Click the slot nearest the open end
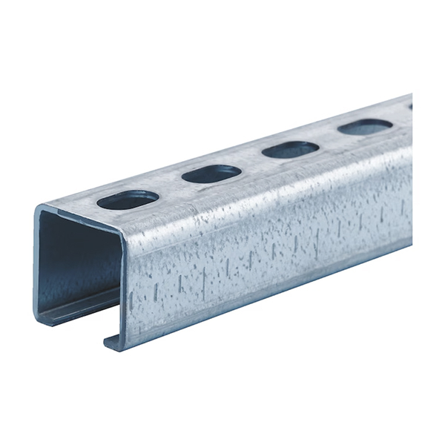coord(128,200)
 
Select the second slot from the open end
coord(211,174)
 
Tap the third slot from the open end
coord(290,149)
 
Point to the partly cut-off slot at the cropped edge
coord(410,107)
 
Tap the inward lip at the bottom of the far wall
coord(74,314)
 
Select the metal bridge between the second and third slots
coord(251,162)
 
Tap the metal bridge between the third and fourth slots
coord(328,139)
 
